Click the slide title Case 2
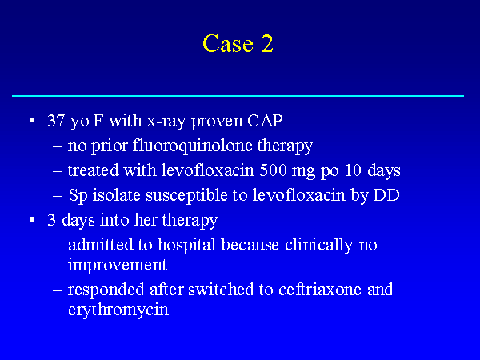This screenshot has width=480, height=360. (x=238, y=43)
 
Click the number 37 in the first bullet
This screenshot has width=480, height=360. (x=56, y=120)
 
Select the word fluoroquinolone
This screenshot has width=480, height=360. (x=192, y=146)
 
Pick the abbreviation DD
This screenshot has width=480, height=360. (x=386, y=195)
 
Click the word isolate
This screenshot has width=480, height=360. (x=116, y=195)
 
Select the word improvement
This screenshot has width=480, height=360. (x=118, y=265)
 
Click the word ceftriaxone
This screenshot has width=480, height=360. (x=320, y=290)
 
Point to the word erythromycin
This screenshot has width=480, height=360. (x=118, y=310)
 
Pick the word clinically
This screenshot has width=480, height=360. (x=318, y=246)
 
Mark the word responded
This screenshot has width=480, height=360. (x=106, y=290)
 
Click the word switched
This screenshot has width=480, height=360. (x=221, y=290)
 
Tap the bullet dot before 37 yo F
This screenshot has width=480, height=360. (x=32, y=120)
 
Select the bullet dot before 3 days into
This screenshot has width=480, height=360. (x=32, y=219)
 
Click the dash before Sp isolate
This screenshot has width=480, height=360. (x=58, y=196)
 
